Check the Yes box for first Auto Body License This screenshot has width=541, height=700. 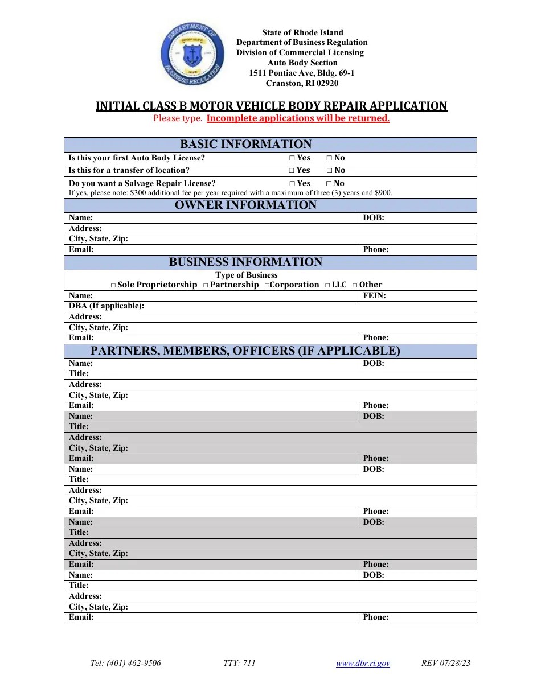point(292,158)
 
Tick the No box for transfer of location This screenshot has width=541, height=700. point(330,171)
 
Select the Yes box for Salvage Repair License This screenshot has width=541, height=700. point(292,184)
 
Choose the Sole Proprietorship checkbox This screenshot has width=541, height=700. point(113,285)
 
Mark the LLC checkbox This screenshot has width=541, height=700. point(327,285)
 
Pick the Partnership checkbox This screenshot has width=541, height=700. point(206,285)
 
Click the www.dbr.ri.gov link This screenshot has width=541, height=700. point(363,663)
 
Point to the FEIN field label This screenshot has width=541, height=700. point(374,296)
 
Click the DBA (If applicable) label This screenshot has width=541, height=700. point(106,306)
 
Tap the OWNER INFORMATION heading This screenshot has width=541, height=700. point(245,205)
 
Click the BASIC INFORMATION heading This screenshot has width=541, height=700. point(246,145)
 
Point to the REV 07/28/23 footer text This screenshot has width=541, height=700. point(446,663)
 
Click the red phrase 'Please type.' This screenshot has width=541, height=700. point(178,118)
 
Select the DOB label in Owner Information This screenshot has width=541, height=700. point(374,218)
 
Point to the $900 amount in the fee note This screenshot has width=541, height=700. point(383,193)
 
